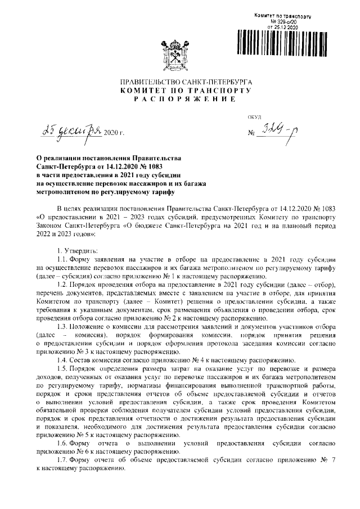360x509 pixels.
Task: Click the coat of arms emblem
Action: tap(179, 53)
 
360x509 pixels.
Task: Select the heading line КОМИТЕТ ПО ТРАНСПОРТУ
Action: tap(179, 91)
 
